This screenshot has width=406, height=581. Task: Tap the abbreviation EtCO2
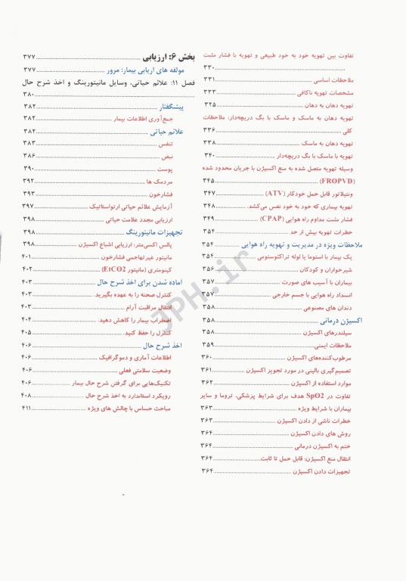(x=113, y=269)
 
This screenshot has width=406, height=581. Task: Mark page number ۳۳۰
(x=209, y=68)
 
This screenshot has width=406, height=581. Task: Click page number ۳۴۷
(x=209, y=194)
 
